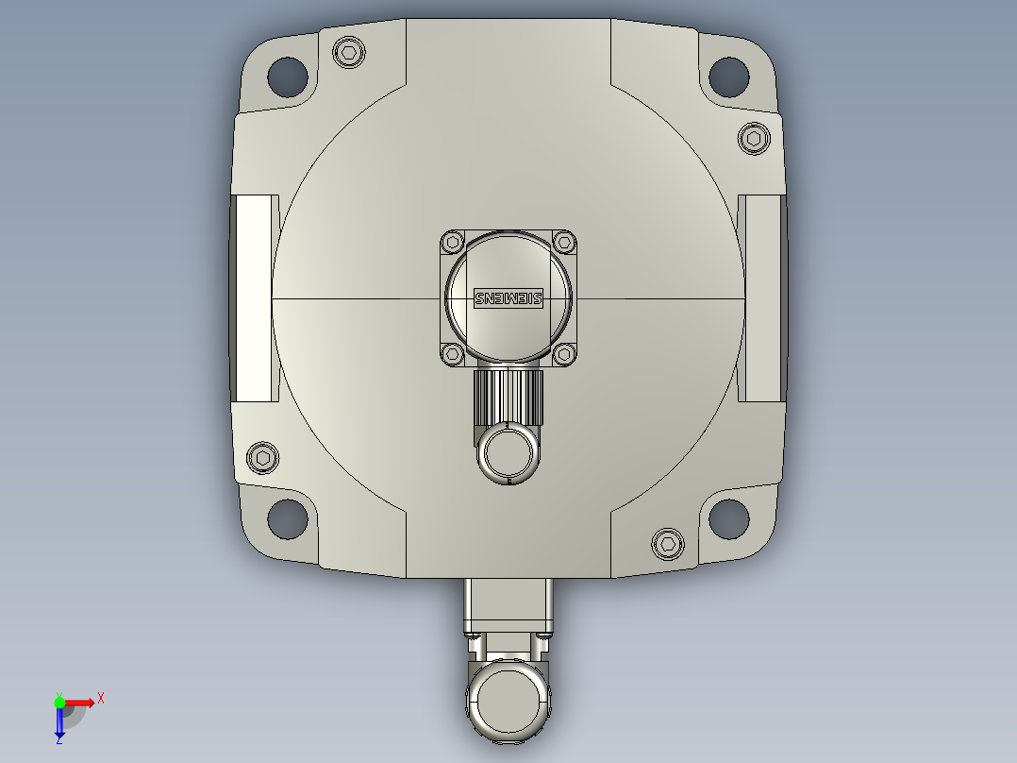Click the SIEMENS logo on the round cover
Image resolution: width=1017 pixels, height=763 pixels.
pos(508,298)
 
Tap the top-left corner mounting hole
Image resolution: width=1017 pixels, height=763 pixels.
pos(287,76)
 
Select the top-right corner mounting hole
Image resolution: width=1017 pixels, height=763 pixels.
pos(729,76)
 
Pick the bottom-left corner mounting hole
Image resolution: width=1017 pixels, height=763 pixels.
pos(287,518)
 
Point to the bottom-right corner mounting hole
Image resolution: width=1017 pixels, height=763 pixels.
pos(729,518)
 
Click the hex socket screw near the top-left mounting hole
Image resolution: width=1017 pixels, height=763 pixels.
pos(349,52)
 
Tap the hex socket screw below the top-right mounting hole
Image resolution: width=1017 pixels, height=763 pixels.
pos(753,139)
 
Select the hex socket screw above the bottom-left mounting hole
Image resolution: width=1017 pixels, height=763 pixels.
pos(263,457)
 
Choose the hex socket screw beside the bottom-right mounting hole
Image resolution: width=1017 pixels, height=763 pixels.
pos(668,543)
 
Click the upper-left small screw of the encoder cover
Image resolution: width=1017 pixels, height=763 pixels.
pos(453,242)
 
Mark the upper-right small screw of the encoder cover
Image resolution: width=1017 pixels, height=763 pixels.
pos(564,242)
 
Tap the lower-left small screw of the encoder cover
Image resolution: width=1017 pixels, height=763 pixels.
pos(453,353)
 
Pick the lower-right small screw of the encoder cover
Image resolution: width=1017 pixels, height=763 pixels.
pos(564,353)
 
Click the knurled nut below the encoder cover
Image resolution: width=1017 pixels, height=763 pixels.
pos(508,396)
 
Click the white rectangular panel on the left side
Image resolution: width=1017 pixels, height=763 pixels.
pos(255,297)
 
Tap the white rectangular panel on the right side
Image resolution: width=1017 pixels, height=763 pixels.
pos(761,297)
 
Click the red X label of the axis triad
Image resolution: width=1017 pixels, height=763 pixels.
pos(101,699)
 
